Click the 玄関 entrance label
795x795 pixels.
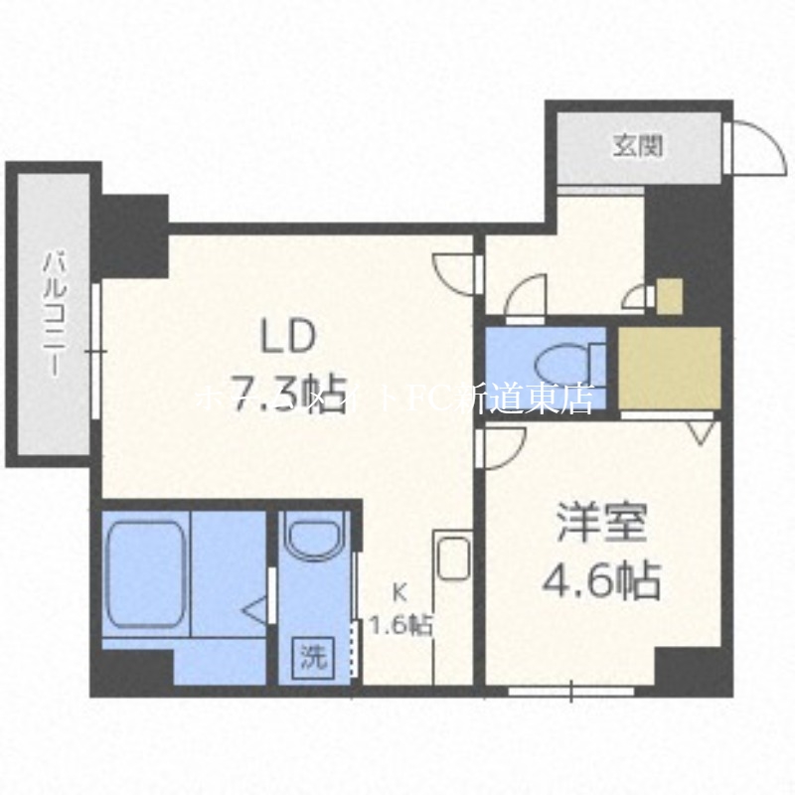coord(637,147)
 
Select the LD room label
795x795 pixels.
coord(288,336)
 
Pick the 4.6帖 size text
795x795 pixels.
coord(601,578)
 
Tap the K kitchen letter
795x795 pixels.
coord(399,593)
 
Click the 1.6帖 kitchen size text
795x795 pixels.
coord(400,626)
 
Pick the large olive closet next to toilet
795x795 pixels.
coord(669,368)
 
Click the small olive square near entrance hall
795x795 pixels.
coord(669,295)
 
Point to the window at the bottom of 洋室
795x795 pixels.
coord(571,688)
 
